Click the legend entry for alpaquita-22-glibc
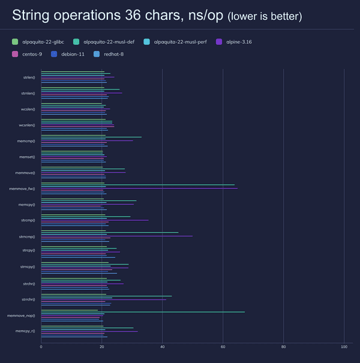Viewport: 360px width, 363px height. coord(42,42)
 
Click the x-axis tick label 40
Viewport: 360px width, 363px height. coord(162,347)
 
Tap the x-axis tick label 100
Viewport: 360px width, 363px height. coord(344,347)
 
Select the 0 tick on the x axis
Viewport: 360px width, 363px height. coord(41,347)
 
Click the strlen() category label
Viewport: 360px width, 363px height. coord(28,78)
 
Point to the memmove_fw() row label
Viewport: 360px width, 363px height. coord(22,189)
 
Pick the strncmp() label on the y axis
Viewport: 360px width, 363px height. coord(27,236)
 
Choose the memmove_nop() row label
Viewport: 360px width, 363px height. coord(21,316)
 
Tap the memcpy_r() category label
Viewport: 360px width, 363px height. coord(25,331)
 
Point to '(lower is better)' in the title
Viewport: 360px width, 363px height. coord(265,17)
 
